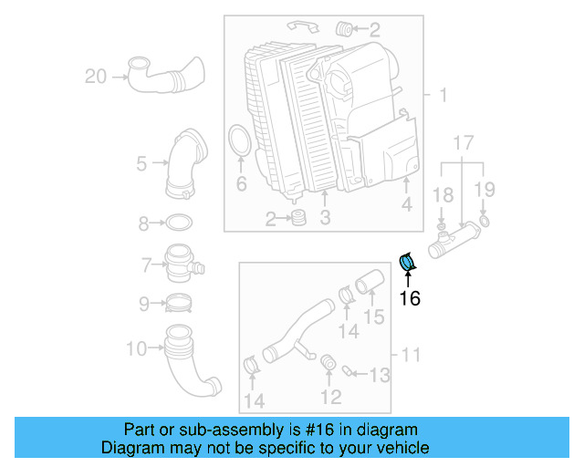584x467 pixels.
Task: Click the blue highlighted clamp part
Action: coord(408,262)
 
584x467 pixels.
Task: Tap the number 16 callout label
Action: coord(410,297)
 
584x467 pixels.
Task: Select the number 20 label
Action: coord(96,77)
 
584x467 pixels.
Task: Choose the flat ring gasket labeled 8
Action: coord(180,223)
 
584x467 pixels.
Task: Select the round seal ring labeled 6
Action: coord(240,145)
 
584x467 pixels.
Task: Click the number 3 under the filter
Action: coord(324,217)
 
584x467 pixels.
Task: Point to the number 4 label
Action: coord(407,205)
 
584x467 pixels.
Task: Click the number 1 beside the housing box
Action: coord(443,96)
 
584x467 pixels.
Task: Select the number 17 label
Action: coord(463,142)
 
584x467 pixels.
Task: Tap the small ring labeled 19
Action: coord(484,222)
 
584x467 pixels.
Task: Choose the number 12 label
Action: coord(330,397)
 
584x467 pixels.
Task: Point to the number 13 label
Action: coord(379,374)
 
